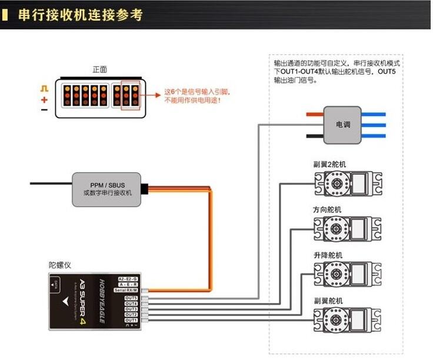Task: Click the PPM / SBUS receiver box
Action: [106, 189]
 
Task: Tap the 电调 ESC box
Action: [342, 125]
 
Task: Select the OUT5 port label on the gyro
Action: [131, 298]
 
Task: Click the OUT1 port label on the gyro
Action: [131, 320]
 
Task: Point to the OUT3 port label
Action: [131, 309]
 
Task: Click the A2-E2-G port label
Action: [128, 278]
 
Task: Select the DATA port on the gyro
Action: [55, 286]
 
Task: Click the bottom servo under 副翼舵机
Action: [347, 320]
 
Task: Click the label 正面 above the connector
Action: [99, 69]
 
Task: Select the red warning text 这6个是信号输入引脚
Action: [196, 92]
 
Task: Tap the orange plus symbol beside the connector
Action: [44, 99]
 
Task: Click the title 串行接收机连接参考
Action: [80, 15]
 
